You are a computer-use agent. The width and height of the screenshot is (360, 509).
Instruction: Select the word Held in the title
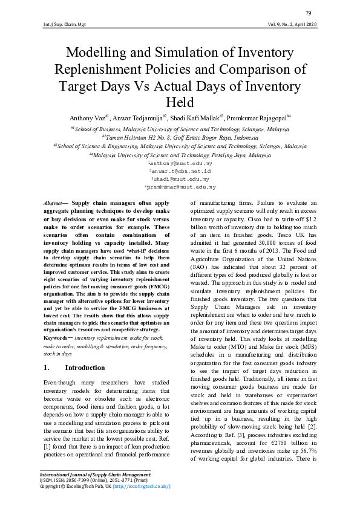pos(179,102)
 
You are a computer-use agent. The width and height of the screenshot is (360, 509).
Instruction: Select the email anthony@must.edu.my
pos(180,164)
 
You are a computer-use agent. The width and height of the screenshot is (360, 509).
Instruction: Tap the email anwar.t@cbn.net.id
pos(180,172)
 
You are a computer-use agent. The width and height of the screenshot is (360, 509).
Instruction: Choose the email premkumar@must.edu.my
pos(180,187)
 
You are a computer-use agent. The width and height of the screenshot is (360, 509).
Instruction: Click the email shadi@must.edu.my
pos(180,180)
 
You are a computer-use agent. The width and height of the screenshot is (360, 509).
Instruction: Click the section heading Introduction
pos(85,368)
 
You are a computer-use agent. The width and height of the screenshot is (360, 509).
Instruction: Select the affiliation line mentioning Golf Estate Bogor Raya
pos(180,137)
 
